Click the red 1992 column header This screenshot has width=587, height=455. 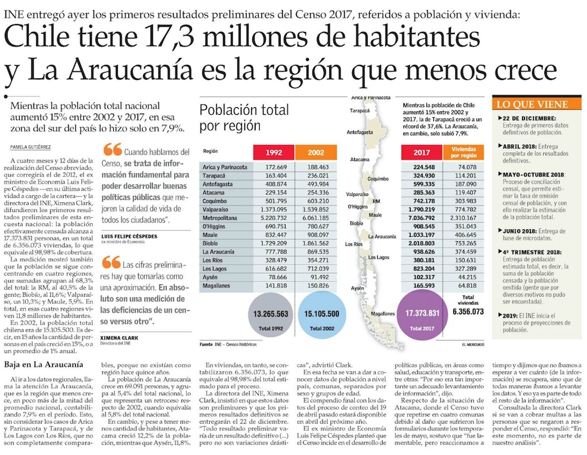point(273,153)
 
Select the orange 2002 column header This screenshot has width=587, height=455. point(315,153)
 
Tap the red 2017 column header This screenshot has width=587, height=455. point(422,153)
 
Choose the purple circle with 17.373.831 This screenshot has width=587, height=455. point(422,315)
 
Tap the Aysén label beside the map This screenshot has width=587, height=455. point(358,288)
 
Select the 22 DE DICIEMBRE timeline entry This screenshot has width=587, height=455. point(526,118)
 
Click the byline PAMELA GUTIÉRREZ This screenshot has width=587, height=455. point(30,147)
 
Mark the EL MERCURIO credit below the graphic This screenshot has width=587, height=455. point(473,345)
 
